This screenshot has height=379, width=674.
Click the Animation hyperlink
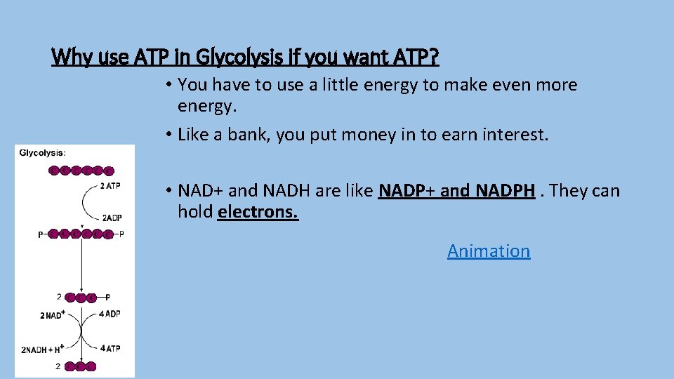(489, 251)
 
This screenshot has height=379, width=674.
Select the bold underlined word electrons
(258, 211)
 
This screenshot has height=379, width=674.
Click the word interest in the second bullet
(516, 134)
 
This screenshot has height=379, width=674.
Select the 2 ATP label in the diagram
(110, 185)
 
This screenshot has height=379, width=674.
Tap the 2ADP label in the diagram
(112, 218)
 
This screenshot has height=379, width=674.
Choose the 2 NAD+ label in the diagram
(53, 315)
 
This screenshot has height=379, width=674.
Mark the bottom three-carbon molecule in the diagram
(80, 366)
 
